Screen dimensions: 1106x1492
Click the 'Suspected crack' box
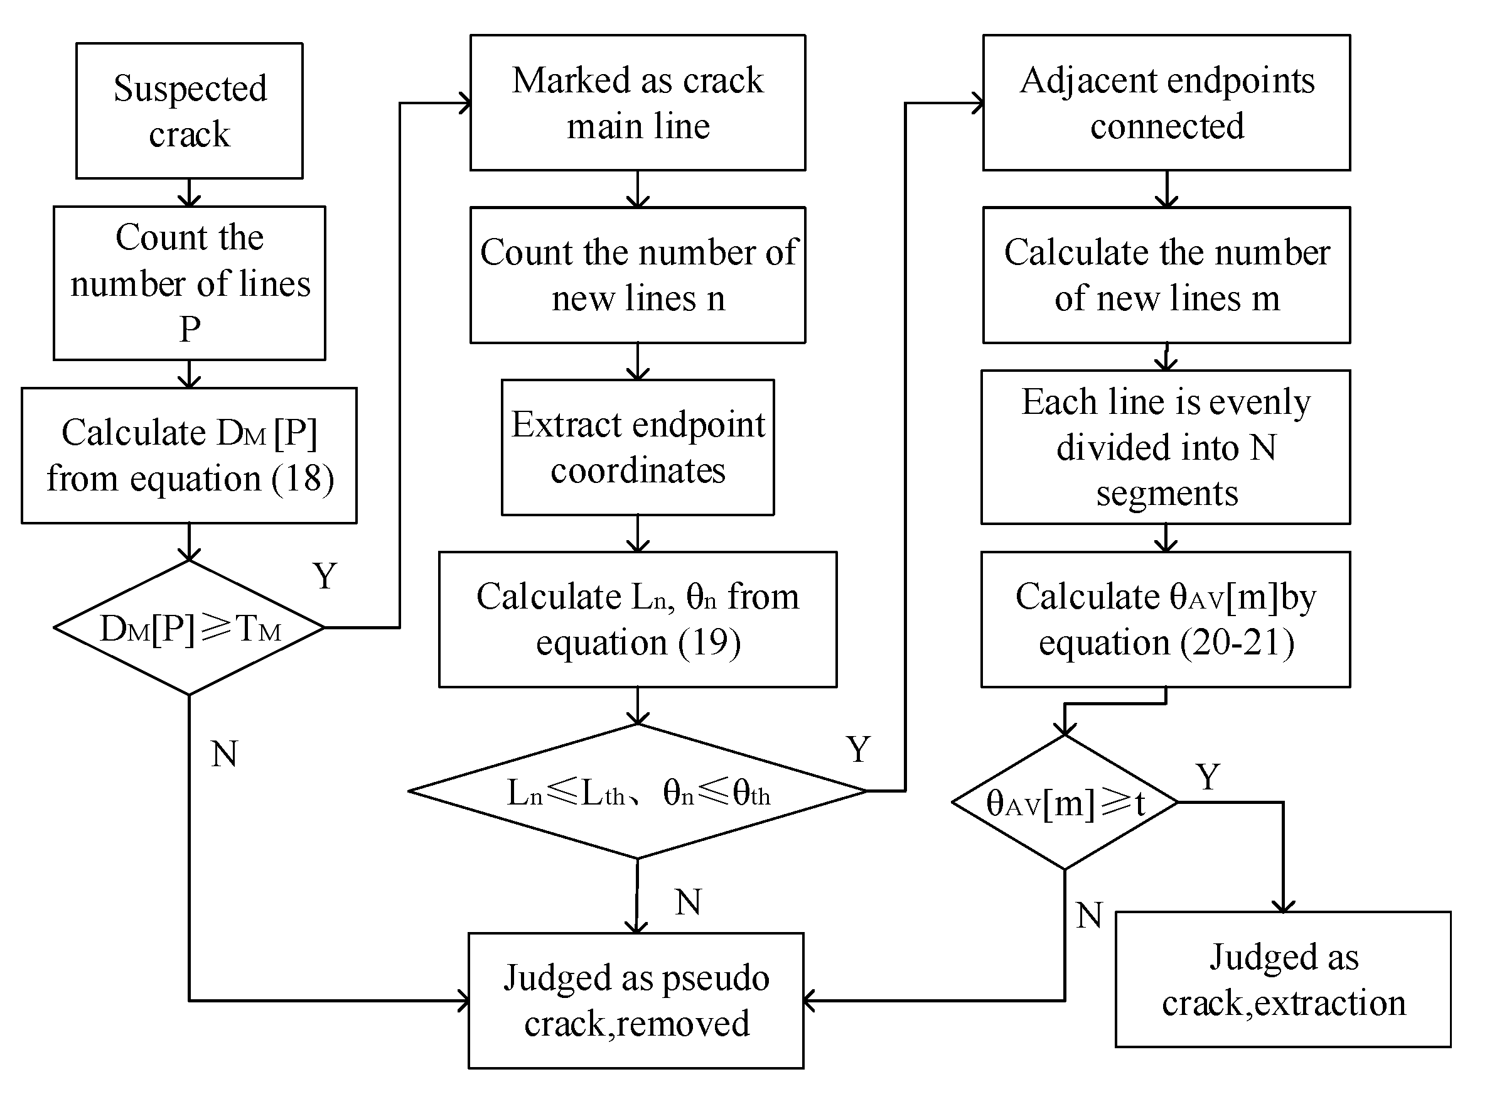tap(190, 111)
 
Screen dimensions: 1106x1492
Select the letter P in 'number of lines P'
tap(190, 329)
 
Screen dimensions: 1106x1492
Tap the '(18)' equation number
tap(303, 478)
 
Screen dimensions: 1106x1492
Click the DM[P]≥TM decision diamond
tap(190, 627)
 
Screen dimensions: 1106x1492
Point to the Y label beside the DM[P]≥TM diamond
tap(325, 576)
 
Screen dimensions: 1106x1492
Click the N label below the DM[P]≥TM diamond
tap(224, 754)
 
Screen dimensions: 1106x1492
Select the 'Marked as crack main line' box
tap(637, 102)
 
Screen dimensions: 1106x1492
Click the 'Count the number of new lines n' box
tap(637, 274)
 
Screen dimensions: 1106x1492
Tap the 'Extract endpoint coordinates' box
tap(637, 447)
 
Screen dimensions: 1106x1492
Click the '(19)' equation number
tap(709, 642)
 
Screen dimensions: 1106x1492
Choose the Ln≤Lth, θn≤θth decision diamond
tap(637, 791)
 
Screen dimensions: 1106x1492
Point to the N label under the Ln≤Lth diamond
tap(688, 903)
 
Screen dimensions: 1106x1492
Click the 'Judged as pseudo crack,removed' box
tap(636, 1000)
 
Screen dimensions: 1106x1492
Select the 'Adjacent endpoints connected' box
tap(1166, 102)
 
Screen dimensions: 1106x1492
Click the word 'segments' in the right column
tap(1167, 494)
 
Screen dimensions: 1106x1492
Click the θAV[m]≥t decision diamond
tap(1065, 802)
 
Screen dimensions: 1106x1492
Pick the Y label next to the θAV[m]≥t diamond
tap(1208, 777)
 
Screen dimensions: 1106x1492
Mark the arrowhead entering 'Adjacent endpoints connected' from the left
tap(978, 103)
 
